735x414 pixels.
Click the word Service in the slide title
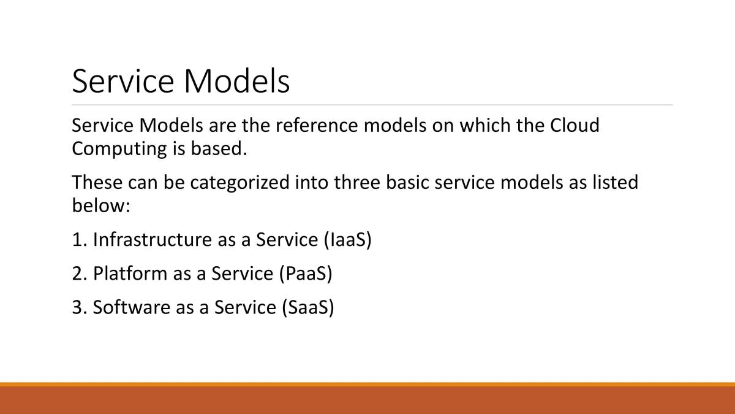[x=123, y=81]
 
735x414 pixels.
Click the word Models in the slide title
[x=237, y=81]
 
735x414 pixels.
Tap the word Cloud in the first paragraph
[x=575, y=125]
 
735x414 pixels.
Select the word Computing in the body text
[x=119, y=150]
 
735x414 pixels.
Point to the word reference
[x=317, y=126]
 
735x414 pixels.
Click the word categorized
[x=239, y=183]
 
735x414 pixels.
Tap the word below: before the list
[x=101, y=205]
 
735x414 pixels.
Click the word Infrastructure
[x=153, y=240]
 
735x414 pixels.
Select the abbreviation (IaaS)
[x=347, y=240]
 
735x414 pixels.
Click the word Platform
[x=130, y=274]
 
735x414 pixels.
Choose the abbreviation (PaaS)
[x=306, y=274]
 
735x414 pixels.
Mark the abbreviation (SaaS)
[x=308, y=308]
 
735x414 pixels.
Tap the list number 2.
[x=80, y=274]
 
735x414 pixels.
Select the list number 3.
[x=80, y=308]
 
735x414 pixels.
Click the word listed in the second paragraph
[x=615, y=183]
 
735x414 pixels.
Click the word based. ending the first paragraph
[x=219, y=148]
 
